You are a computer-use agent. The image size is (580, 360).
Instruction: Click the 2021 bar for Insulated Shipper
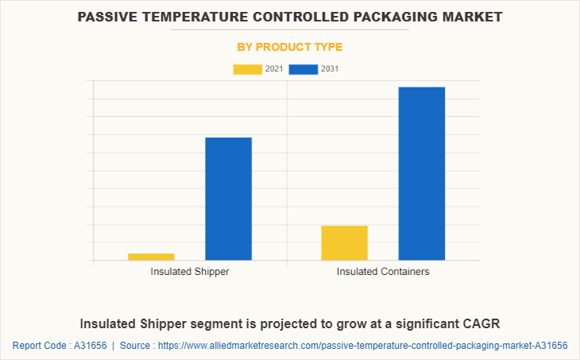[x=151, y=256]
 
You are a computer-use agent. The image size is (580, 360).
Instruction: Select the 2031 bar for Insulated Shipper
[x=229, y=199]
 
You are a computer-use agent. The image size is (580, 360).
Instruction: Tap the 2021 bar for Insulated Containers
[x=344, y=242]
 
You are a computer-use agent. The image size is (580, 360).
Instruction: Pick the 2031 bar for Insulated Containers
[x=421, y=173]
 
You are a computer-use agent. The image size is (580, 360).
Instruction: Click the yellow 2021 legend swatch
[x=247, y=69]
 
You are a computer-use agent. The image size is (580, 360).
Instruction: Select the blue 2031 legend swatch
[x=303, y=69]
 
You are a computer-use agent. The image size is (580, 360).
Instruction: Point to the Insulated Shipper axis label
[x=190, y=272]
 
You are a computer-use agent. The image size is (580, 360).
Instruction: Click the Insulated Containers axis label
[x=383, y=272]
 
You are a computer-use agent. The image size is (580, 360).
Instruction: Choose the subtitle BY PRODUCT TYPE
[x=290, y=47]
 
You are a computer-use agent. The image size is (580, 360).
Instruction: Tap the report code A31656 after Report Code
[x=89, y=346]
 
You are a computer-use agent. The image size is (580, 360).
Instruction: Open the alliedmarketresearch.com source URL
[x=363, y=346]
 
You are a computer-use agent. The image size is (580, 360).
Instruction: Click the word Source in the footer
[x=136, y=346]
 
